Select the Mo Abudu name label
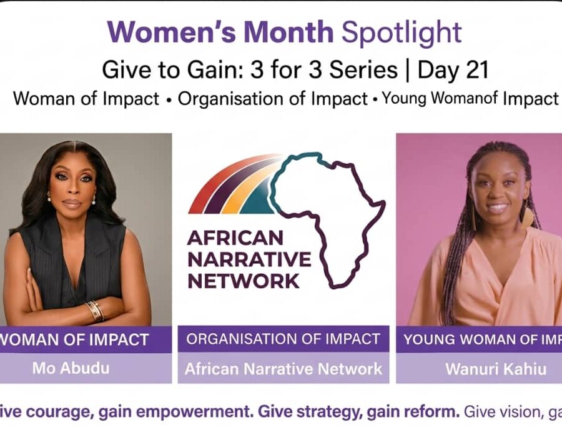(71, 368)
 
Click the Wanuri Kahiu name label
(496, 369)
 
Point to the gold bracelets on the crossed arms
(95, 311)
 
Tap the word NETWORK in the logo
(244, 281)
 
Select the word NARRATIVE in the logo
(249, 259)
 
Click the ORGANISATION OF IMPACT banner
(283, 339)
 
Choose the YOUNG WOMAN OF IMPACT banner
(479, 339)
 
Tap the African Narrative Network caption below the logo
(283, 369)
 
